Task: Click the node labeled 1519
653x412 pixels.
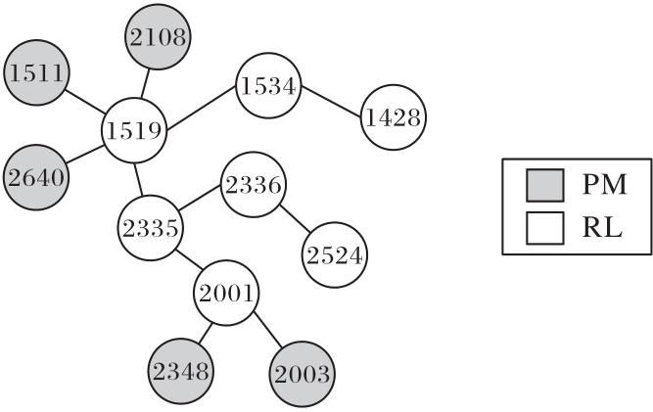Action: click(134, 131)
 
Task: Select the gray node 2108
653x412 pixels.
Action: click(158, 37)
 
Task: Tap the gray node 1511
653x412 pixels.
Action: click(36, 72)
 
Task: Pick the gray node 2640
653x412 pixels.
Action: click(36, 178)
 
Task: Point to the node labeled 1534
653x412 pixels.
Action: click(268, 86)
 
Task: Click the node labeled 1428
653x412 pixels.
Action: click(394, 117)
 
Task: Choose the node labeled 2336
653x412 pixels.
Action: click(254, 185)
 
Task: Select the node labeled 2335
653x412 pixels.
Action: click(151, 228)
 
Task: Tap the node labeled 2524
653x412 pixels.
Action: click(335, 255)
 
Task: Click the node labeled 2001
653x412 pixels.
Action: click(226, 293)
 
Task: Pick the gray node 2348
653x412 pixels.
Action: click(181, 371)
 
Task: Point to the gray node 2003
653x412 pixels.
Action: click(303, 374)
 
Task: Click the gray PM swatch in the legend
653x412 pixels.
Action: click(545, 185)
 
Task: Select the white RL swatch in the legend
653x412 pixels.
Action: click(545, 228)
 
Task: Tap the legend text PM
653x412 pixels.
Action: click(605, 184)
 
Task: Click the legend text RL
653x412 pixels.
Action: click(602, 227)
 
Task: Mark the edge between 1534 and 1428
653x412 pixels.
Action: click(331, 102)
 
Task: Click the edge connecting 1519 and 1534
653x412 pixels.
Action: click(202, 108)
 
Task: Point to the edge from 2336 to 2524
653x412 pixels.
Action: click(295, 218)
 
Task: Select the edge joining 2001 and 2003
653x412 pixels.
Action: click(268, 329)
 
